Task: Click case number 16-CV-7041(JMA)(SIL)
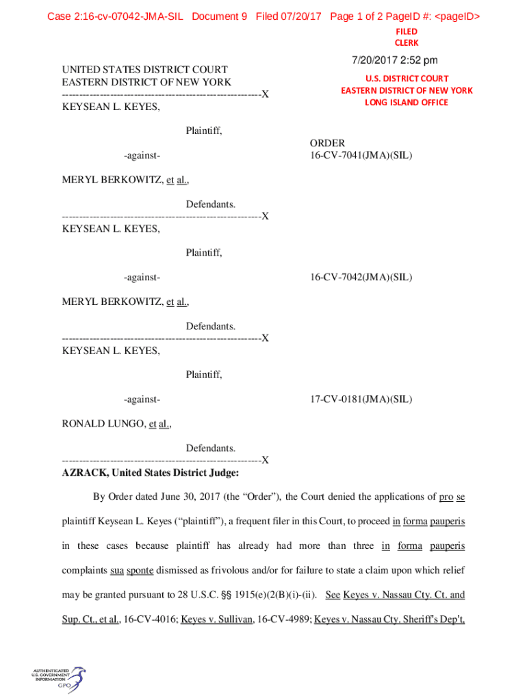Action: [x=361, y=155]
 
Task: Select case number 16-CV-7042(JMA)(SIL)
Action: [x=361, y=277]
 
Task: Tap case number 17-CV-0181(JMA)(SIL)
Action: [x=361, y=399]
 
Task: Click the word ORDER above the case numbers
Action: [x=327, y=143]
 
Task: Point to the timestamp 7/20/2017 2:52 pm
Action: [x=395, y=61]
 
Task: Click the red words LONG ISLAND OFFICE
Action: [x=406, y=103]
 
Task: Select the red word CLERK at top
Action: [x=406, y=42]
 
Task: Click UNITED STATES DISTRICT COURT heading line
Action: [x=144, y=70]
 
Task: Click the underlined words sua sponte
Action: [x=132, y=570]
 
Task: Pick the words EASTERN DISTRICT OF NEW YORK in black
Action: [x=146, y=82]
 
